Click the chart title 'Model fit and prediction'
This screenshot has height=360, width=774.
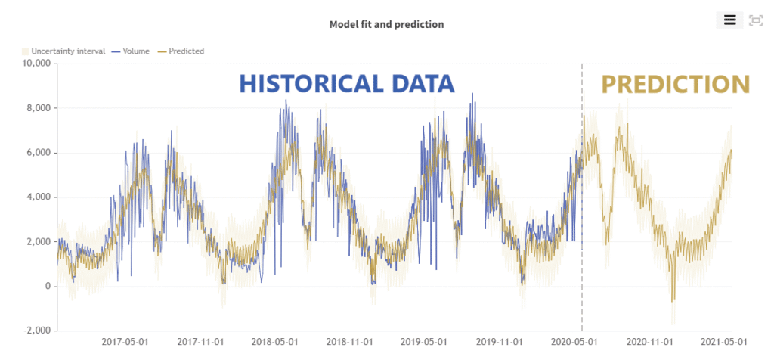(x=386, y=24)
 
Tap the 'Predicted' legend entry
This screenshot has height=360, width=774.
(x=181, y=51)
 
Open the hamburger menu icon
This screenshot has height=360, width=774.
(x=729, y=20)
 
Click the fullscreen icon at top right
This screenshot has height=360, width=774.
(x=755, y=20)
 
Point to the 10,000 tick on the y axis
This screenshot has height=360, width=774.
(x=33, y=64)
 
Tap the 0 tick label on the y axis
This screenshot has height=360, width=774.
(x=47, y=287)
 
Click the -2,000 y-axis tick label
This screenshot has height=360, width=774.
(x=33, y=331)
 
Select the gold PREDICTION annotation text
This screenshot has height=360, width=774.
(x=675, y=84)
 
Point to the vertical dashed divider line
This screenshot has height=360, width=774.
(x=582, y=227)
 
